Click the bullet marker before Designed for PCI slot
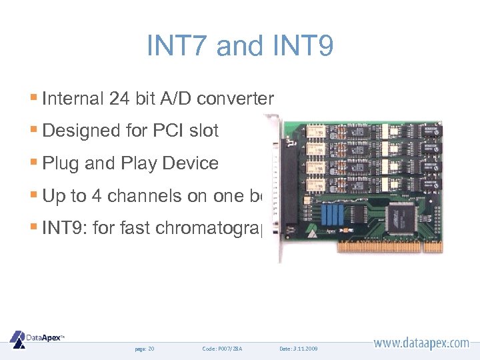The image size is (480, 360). [35, 131]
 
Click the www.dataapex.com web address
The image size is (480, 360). [421, 343]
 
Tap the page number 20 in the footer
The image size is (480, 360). [151, 349]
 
